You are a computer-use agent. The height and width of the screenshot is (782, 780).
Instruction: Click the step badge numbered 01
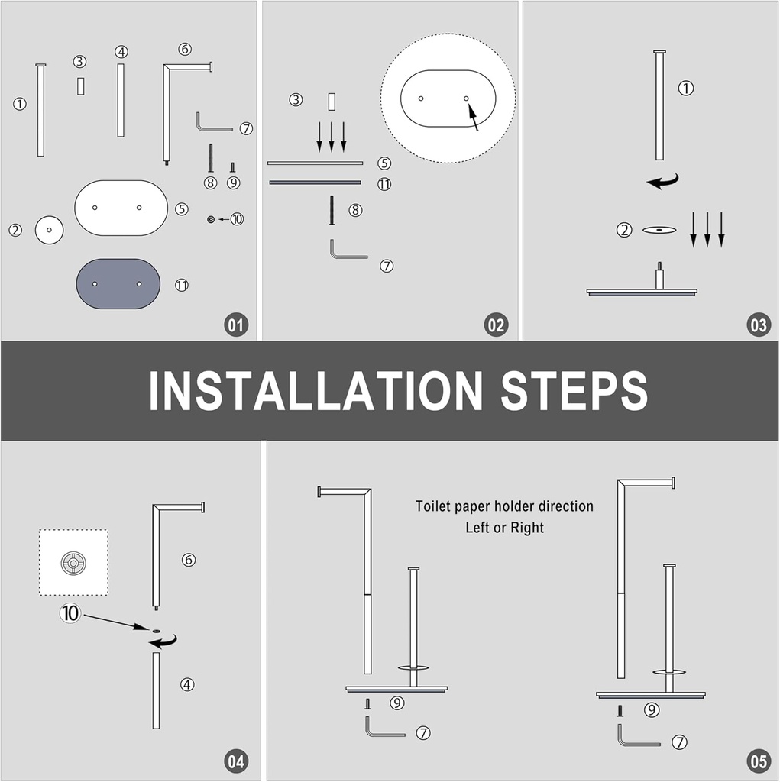click(235, 325)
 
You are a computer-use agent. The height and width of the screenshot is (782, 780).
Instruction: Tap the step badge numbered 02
click(496, 325)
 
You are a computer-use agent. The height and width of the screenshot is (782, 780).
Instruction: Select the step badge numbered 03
click(759, 325)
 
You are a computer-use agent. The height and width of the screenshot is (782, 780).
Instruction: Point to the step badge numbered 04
click(235, 761)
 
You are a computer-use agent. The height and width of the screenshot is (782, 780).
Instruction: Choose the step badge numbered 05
click(759, 761)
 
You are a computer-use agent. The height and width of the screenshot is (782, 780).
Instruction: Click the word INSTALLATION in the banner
click(316, 391)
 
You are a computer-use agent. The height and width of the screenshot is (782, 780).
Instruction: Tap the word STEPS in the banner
click(574, 391)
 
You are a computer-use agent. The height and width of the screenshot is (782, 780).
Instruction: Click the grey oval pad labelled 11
click(118, 284)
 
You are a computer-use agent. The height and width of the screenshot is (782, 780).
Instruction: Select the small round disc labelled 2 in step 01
click(50, 230)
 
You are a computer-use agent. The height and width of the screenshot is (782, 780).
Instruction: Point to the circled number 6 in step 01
click(185, 49)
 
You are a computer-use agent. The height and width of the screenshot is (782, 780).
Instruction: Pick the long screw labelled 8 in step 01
click(211, 158)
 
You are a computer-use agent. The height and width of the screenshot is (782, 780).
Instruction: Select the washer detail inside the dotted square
click(73, 563)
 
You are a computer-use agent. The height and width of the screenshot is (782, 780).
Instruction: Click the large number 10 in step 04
click(70, 613)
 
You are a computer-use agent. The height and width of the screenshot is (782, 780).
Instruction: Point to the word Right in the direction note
click(527, 528)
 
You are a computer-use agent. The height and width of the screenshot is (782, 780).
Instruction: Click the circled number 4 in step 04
click(187, 684)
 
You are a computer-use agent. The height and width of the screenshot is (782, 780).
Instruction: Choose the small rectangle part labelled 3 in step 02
click(332, 102)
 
